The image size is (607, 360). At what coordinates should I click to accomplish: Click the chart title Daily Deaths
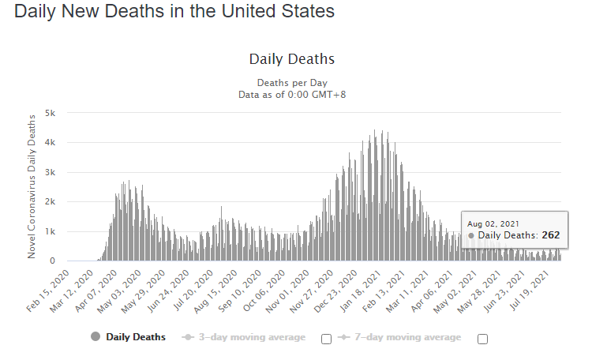[292, 59]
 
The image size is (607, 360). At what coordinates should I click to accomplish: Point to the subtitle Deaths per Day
[292, 83]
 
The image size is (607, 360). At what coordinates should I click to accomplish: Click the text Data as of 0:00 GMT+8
[292, 95]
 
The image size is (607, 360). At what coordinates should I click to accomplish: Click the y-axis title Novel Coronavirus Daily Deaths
[32, 186]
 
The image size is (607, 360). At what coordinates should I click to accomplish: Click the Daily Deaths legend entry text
[135, 337]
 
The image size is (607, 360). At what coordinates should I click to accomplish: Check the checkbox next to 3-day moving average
[326, 339]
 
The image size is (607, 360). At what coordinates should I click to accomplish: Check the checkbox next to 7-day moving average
[482, 339]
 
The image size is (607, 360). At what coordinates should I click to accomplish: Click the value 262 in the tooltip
[550, 235]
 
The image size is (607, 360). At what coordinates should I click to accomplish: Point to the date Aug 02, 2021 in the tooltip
[493, 223]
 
